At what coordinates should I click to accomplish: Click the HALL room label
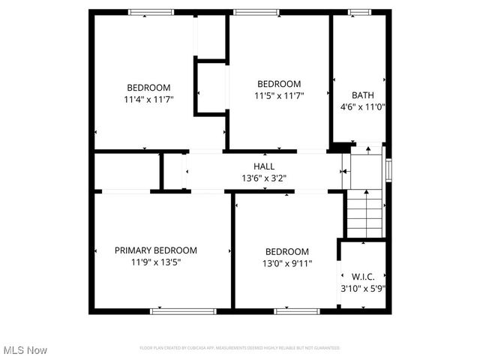pyautogui.click(x=263, y=166)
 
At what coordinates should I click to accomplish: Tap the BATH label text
pyautogui.click(x=363, y=95)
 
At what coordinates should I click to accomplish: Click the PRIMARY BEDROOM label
pyautogui.click(x=156, y=250)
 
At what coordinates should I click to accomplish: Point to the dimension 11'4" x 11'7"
pyautogui.click(x=148, y=99)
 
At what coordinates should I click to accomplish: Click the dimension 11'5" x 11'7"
pyautogui.click(x=279, y=95)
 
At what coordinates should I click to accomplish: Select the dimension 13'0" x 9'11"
pyautogui.click(x=287, y=263)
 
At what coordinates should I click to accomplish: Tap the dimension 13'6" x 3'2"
pyautogui.click(x=263, y=178)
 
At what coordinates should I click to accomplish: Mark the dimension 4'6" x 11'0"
pyautogui.click(x=363, y=106)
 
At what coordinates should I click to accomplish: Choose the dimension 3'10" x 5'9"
pyautogui.click(x=363, y=287)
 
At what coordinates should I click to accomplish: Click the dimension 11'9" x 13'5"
pyautogui.click(x=156, y=262)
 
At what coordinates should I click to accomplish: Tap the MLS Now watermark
pyautogui.click(x=25, y=350)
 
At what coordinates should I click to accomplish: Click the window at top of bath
pyautogui.click(x=359, y=12)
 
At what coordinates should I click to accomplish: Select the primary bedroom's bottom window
pyautogui.click(x=172, y=310)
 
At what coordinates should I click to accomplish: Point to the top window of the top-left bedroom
pyautogui.click(x=151, y=12)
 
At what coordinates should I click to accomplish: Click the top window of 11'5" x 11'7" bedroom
pyautogui.click(x=256, y=12)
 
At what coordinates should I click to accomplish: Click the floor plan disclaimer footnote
pyautogui.click(x=240, y=348)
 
